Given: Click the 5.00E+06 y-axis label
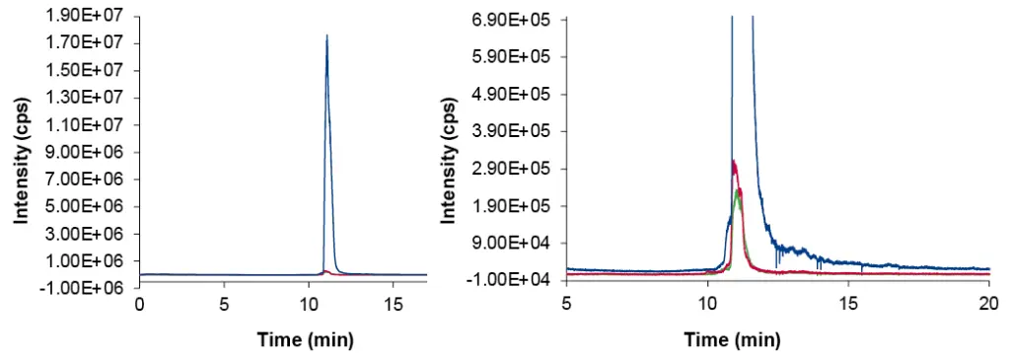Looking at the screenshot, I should click(x=95, y=206).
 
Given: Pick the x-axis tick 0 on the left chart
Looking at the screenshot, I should click(x=140, y=304).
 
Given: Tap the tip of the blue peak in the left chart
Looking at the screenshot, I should click(x=326, y=36).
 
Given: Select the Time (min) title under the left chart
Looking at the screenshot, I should click(x=305, y=340).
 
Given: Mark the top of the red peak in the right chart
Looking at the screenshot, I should click(x=733, y=161).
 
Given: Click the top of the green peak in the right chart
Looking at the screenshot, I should click(x=738, y=189).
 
